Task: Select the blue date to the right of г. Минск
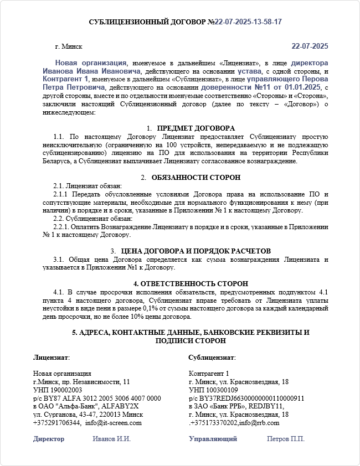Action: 310,46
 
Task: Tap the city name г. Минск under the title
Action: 69,47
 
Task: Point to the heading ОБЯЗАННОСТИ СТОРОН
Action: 196,178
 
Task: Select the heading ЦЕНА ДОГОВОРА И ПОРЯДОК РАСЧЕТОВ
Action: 196,251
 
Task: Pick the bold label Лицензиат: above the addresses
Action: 51,358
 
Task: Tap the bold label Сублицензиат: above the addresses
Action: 212,358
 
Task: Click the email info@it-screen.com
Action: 114,423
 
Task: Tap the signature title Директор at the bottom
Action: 49,439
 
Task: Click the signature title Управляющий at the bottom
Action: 213,439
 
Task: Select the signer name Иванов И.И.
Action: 111,439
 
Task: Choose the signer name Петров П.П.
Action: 286,439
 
